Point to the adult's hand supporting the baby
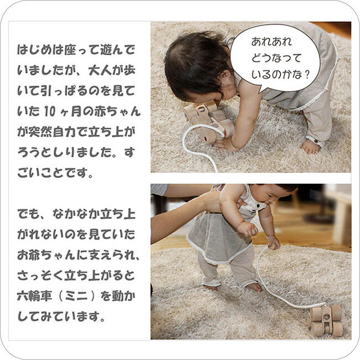click(211, 201)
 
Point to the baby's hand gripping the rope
click(273, 242)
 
